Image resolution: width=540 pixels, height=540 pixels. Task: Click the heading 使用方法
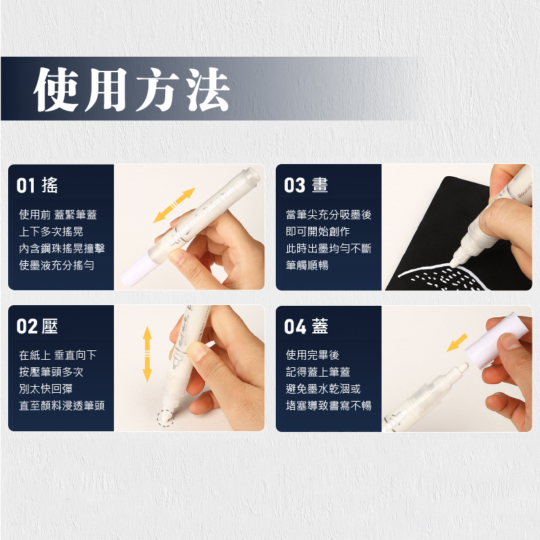tap(131, 89)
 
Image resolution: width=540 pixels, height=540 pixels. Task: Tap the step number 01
tap(26, 186)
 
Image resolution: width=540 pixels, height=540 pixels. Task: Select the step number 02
tap(27, 326)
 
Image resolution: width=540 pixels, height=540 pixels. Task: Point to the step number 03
tap(295, 186)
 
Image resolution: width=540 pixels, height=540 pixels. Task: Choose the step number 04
tap(295, 326)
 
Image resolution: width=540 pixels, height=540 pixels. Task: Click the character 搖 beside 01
tap(50, 186)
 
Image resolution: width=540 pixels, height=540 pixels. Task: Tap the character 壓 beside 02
tap(50, 326)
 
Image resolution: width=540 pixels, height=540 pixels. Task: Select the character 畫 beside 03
tap(320, 186)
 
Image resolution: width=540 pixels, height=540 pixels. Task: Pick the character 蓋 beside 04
tap(320, 326)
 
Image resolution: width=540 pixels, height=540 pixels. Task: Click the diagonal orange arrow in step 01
tap(174, 205)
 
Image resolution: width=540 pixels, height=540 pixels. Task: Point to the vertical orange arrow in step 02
tap(147, 354)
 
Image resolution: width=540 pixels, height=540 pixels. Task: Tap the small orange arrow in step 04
tap(457, 342)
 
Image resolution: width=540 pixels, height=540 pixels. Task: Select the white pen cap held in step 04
tap(497, 340)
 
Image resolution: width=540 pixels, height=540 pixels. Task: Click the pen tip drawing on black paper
tap(454, 263)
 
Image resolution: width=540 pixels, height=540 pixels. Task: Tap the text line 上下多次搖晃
tap(51, 232)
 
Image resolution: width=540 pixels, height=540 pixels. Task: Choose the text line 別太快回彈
tap(46, 389)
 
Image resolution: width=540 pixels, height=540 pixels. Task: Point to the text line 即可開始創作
tap(318, 232)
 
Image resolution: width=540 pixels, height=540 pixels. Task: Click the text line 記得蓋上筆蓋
tap(318, 372)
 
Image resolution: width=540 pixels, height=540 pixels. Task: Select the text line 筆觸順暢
tap(307, 265)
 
